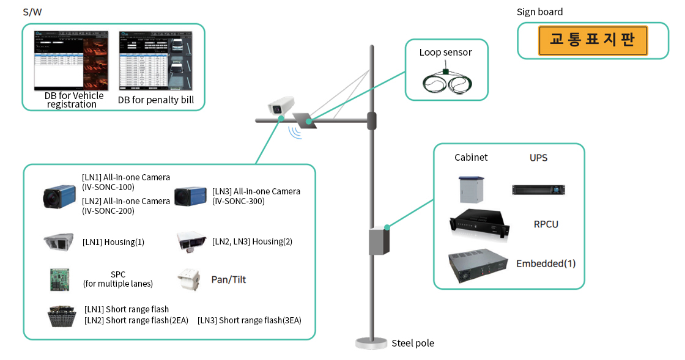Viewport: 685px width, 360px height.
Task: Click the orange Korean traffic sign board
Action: click(x=592, y=41)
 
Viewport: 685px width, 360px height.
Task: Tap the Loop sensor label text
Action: click(x=445, y=53)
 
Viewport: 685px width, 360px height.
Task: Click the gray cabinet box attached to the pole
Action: click(x=380, y=241)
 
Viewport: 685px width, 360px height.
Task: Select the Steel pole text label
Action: click(x=413, y=343)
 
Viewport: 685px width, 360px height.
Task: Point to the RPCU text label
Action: click(x=546, y=224)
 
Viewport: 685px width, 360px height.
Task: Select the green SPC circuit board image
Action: click(x=59, y=279)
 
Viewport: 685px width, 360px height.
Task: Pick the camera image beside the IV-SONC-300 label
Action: click(x=188, y=196)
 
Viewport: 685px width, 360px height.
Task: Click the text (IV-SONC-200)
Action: click(x=108, y=211)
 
